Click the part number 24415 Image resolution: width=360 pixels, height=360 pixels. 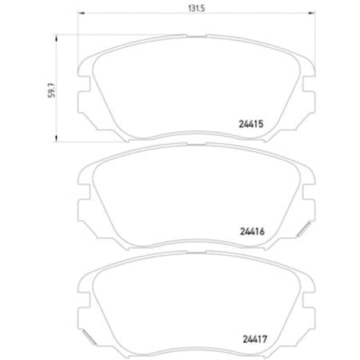[252, 124]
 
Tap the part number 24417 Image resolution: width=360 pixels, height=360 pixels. [252, 337]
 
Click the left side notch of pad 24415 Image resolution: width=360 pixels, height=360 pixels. [82, 99]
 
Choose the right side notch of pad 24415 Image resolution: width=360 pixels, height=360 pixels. [306, 99]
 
